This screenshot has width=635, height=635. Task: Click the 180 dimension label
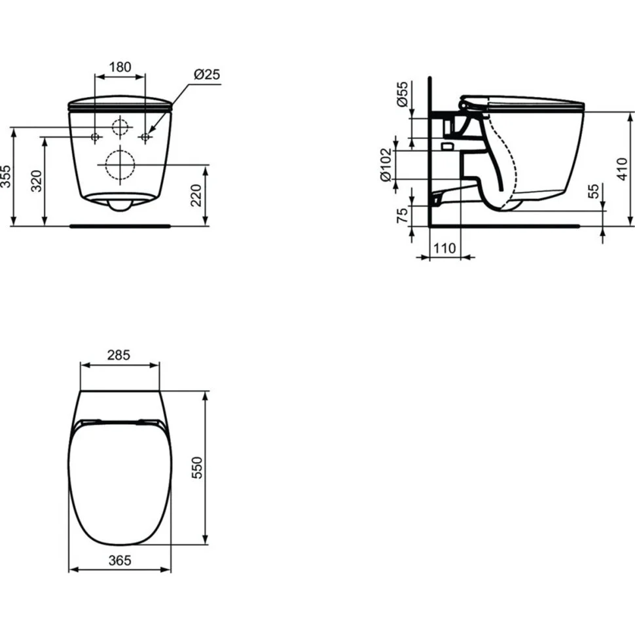pyautogui.click(x=120, y=67)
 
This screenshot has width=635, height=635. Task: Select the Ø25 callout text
pyautogui.click(x=206, y=75)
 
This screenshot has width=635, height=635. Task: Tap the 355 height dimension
pyautogui.click(x=7, y=176)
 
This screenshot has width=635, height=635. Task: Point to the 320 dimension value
pyautogui.click(x=37, y=181)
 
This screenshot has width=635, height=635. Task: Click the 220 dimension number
pyautogui.click(x=196, y=195)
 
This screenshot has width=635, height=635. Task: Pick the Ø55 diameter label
pyautogui.click(x=403, y=94)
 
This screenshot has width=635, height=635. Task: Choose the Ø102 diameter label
pyautogui.click(x=386, y=165)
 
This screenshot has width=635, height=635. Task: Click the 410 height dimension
pyautogui.click(x=622, y=169)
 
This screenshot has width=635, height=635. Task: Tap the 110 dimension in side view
pyautogui.click(x=444, y=248)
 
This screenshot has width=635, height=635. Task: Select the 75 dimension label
pyautogui.click(x=403, y=215)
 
